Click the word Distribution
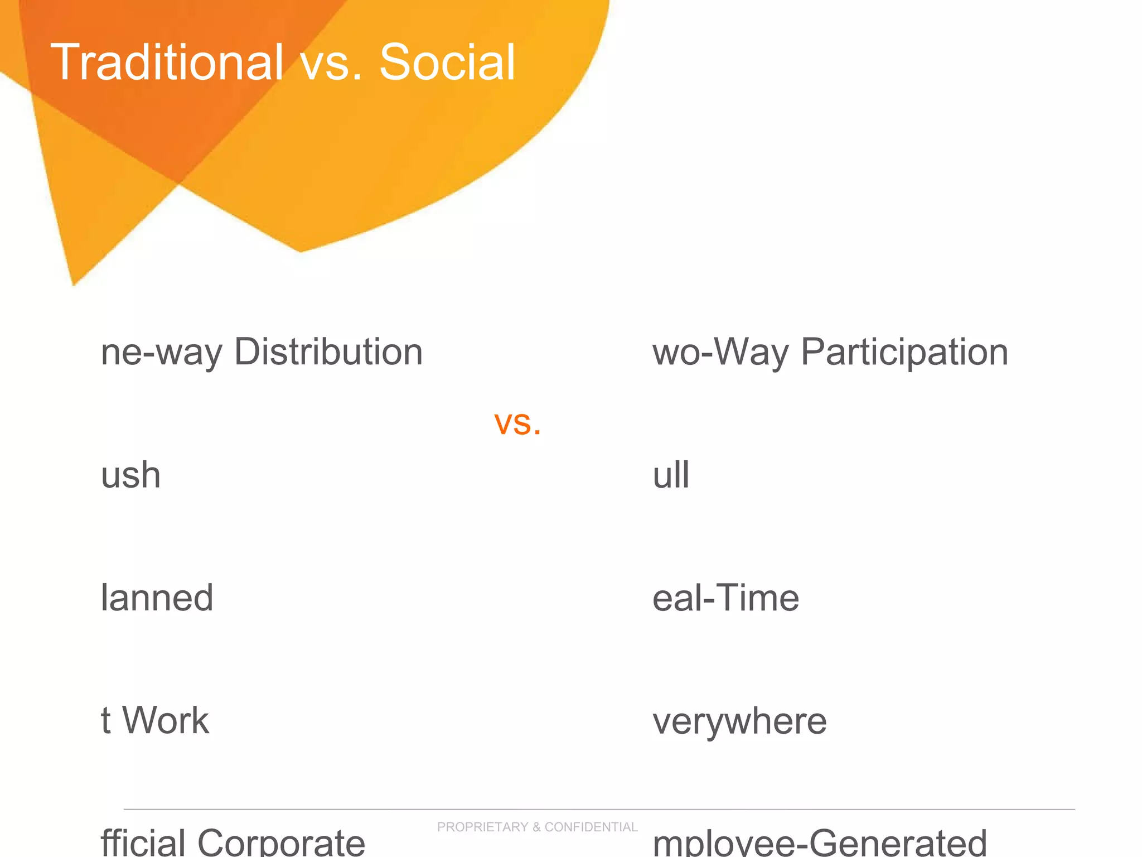coord(328,352)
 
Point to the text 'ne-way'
coord(162,353)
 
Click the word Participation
coord(904,353)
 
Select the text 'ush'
coord(131,475)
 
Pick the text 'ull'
coord(671,475)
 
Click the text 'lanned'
coord(157,598)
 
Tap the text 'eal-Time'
coord(725,598)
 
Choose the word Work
coord(166,720)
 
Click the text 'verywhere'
coord(739,721)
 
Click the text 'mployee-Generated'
coord(820,842)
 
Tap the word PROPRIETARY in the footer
coord(483,827)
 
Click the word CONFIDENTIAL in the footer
coord(591,827)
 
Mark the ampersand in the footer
coord(536,827)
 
